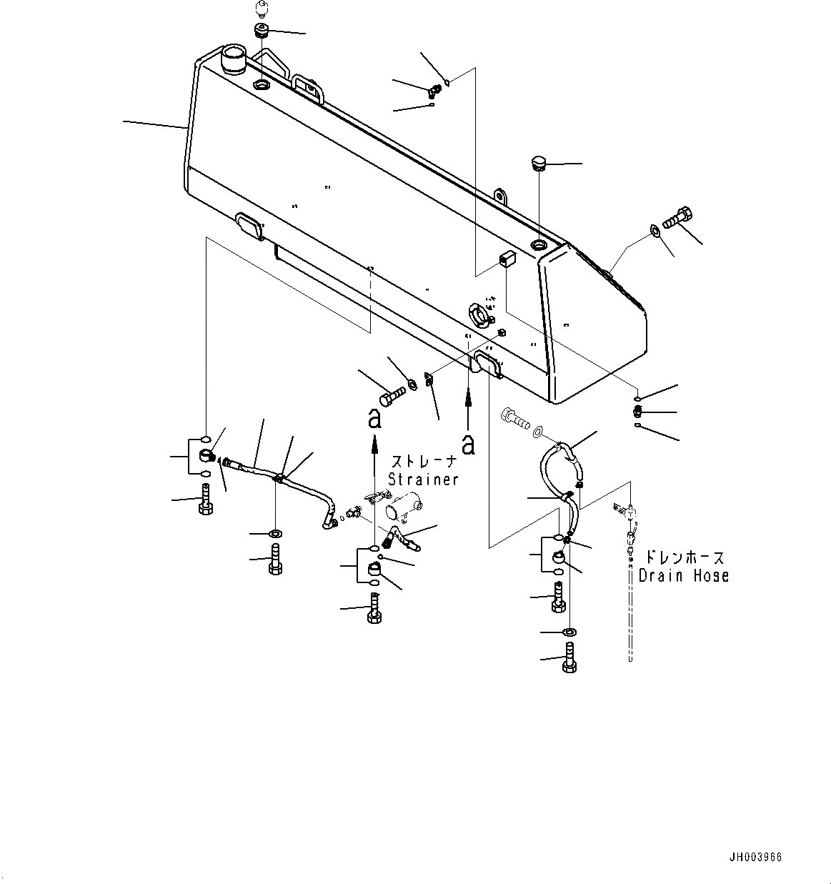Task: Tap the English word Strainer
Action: click(423, 480)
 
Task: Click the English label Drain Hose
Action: click(683, 575)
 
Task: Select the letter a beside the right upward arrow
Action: click(468, 444)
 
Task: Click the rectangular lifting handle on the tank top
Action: click(308, 86)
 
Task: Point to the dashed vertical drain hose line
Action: click(631, 615)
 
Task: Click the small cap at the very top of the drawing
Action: click(261, 11)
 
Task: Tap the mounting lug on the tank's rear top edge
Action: click(501, 194)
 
